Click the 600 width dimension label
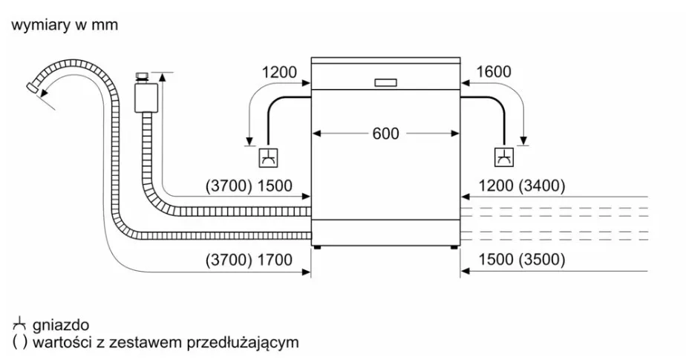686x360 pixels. (385, 134)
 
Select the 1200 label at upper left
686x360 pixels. (279, 72)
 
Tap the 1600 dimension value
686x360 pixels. (493, 71)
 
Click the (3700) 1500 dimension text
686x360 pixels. (249, 186)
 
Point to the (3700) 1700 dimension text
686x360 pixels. (249, 260)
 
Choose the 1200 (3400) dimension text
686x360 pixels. (521, 186)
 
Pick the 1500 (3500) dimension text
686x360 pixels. (521, 259)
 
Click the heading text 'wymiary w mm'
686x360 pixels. (65, 24)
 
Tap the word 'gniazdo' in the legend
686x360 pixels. (61, 325)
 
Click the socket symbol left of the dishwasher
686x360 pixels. (268, 157)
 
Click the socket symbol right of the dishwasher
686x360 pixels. (504, 157)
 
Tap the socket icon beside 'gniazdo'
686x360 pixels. (19, 324)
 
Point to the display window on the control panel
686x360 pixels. (386, 82)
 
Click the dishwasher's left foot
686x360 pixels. (318, 247)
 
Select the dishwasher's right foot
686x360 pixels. (454, 247)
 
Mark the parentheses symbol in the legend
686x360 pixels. (20, 342)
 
